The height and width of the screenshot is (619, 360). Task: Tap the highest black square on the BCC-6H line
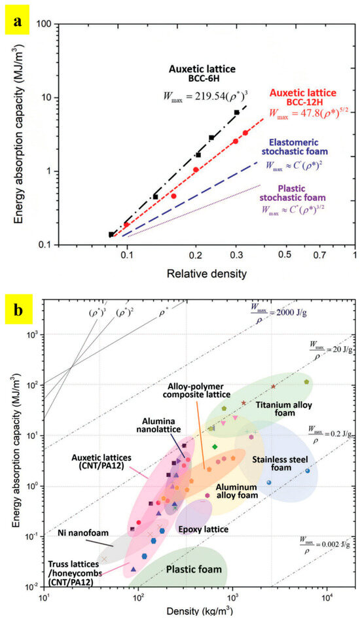237,113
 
